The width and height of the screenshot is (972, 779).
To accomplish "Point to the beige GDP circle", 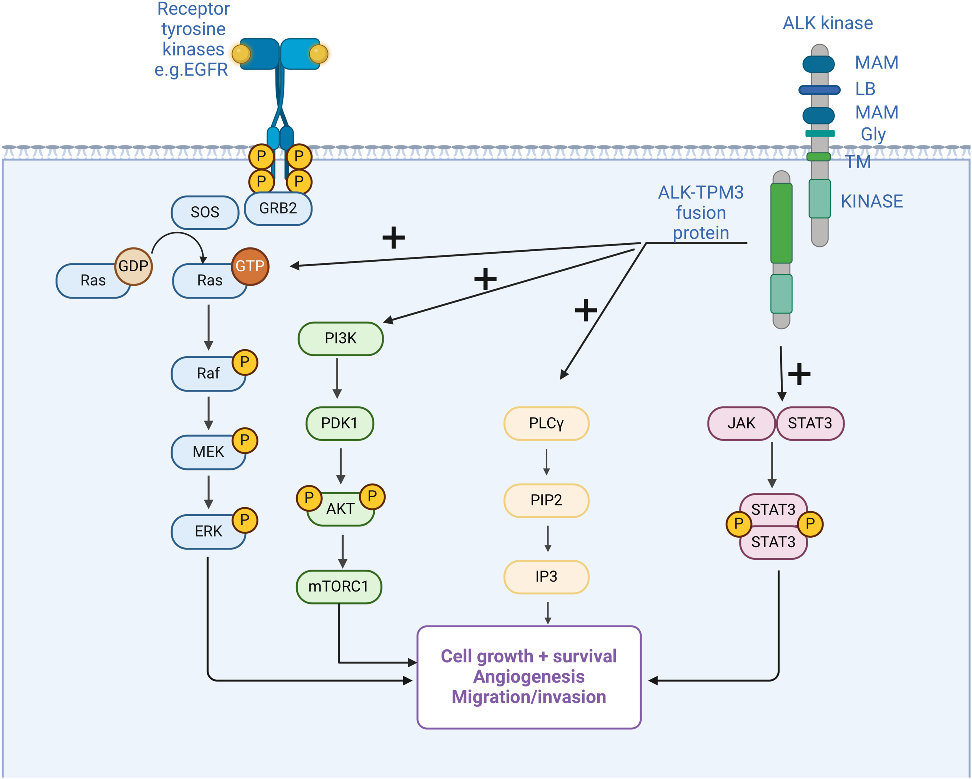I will [134, 266].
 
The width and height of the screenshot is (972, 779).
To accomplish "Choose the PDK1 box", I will [339, 423].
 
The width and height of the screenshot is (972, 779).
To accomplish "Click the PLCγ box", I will [546, 423].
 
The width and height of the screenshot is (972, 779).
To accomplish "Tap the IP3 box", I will [546, 577].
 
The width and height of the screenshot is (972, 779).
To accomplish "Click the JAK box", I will [741, 423].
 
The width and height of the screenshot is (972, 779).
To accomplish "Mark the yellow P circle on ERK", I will [245, 520].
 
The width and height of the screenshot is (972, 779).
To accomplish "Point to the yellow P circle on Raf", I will [245, 362].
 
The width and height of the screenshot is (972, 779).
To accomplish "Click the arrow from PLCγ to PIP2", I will [547, 462].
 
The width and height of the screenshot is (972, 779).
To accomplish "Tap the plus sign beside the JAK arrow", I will [799, 374].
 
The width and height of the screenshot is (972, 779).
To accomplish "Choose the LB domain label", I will [865, 89].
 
